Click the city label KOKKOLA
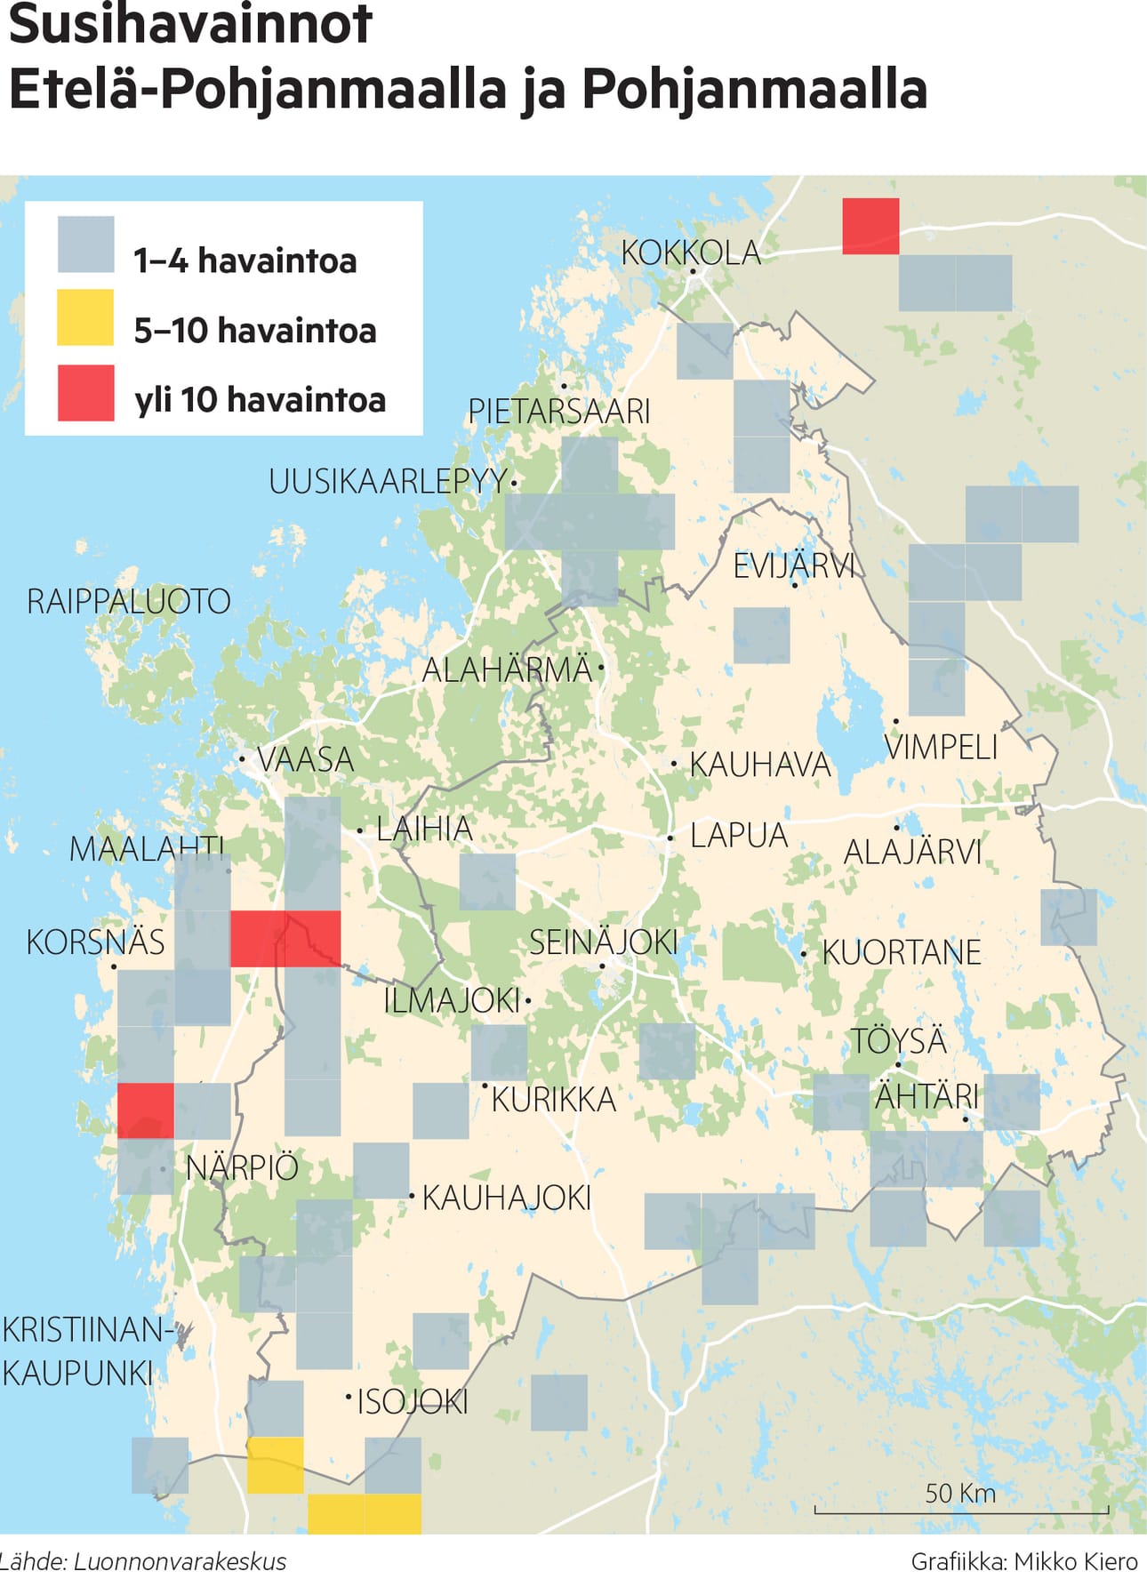coord(691,252)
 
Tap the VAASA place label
coord(305,759)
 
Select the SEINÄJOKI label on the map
coord(604,942)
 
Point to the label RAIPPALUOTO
coord(129,601)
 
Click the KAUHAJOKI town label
coord(506,1198)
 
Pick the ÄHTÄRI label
coord(926,1096)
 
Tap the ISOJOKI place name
coord(413,1402)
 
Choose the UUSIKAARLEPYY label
coord(388,481)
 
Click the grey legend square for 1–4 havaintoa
coord(85,244)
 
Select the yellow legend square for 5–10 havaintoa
coord(85,317)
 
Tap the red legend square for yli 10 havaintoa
coord(85,392)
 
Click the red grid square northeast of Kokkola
coord(870,226)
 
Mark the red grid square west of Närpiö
coord(146,1110)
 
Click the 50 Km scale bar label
coord(960,1493)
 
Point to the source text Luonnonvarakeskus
coord(180,1562)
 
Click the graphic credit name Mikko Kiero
coord(1076,1562)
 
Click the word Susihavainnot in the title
coord(189,24)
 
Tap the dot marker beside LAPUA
coord(670,838)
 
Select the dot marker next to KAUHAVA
coord(674,764)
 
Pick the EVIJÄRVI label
coord(793,565)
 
